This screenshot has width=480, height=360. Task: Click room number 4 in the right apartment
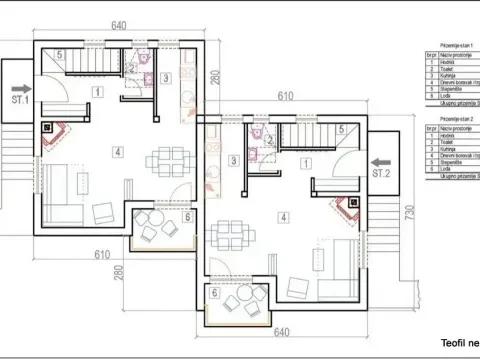284,216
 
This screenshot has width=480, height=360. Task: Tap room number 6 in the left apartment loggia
188,217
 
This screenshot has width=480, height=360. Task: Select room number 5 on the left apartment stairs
60,55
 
